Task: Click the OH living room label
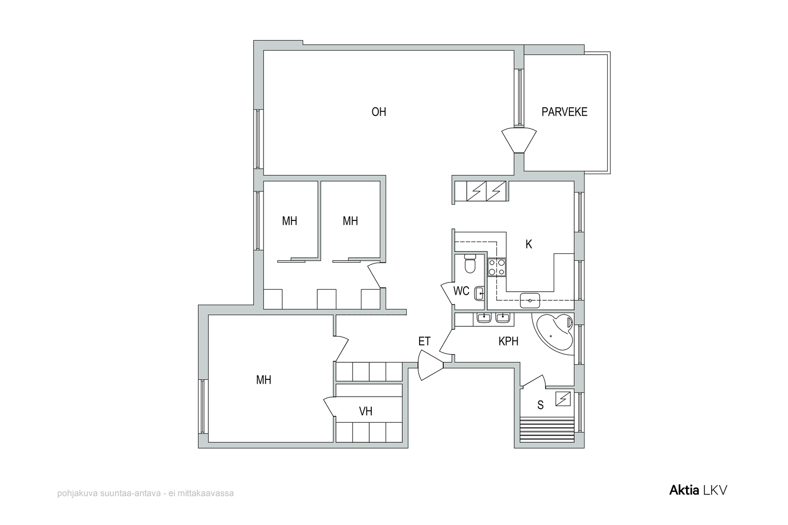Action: point(379,112)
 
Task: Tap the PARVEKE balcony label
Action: point(564,112)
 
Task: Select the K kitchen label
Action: point(529,244)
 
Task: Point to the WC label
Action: point(461,291)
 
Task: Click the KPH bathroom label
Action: point(508,341)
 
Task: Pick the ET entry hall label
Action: point(424,341)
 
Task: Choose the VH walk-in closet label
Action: point(365,411)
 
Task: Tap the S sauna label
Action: point(540,405)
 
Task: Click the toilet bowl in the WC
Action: point(470,264)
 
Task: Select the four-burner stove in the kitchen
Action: point(497,267)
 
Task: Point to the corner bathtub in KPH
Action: point(554,331)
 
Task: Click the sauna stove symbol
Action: point(563,399)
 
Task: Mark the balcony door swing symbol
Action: point(519,141)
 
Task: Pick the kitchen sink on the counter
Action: point(530,301)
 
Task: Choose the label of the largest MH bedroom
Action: point(263,380)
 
